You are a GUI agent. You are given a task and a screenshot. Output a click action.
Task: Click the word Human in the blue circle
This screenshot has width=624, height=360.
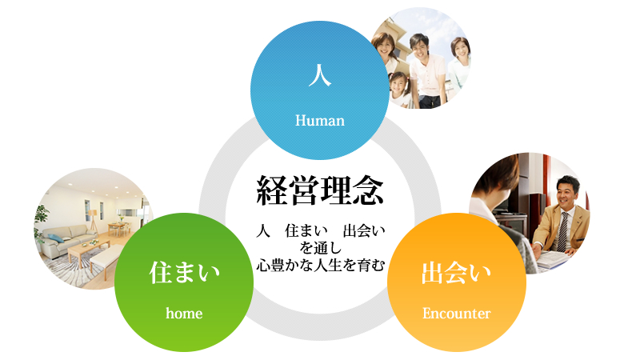(320, 121)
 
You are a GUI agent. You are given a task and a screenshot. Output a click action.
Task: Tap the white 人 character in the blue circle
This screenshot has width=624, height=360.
(320, 75)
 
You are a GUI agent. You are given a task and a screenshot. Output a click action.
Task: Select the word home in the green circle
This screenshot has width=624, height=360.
(184, 314)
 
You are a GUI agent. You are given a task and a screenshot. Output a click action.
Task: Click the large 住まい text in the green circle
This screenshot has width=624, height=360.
(184, 273)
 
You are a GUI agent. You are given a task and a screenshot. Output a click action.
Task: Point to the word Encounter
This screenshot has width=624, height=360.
(457, 314)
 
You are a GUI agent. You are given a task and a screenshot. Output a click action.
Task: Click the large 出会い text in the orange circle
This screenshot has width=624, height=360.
(457, 273)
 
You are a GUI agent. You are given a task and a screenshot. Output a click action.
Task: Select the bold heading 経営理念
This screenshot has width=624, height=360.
(320, 190)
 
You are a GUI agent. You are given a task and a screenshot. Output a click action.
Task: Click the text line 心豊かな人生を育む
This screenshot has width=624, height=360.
(320, 266)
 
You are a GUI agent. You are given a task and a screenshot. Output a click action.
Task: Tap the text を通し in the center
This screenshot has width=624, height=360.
(320, 248)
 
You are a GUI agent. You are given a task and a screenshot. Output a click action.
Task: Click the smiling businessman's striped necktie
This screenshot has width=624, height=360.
(562, 231)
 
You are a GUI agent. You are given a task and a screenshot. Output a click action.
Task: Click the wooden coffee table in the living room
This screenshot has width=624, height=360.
(88, 254)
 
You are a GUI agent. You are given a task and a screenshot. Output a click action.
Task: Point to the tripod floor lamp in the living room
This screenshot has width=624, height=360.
(93, 219)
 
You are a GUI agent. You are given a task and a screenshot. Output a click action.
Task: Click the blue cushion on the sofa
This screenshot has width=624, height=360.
(56, 238)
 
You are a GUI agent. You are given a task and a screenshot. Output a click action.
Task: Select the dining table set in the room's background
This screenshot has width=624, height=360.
(118, 227)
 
